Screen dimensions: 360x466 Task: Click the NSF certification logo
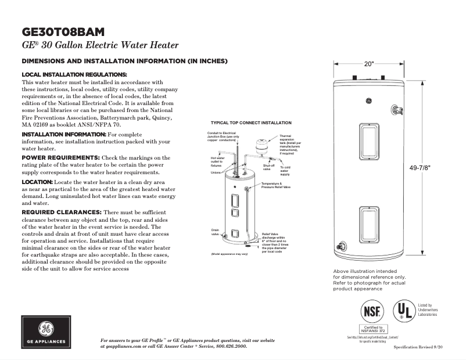coord(372,311)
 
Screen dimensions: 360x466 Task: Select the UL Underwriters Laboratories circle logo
coord(404,311)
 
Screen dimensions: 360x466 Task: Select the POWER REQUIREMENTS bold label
coord(60,157)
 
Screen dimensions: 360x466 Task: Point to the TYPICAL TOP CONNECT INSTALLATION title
coord(250,123)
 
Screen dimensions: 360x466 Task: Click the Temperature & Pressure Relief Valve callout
coord(275,186)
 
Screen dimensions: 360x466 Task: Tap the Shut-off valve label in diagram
coord(268,167)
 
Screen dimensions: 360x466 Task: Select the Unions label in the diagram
coord(215,172)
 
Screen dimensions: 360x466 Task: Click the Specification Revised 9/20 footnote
coord(418,347)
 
